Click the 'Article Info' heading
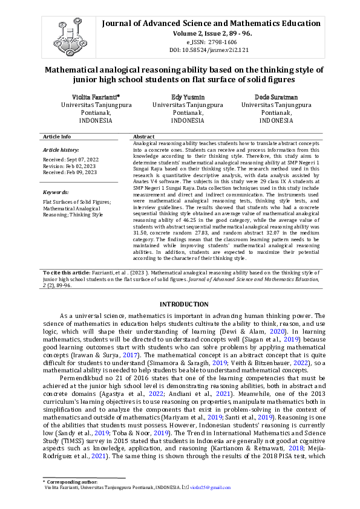click(57, 137)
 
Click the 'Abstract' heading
click(144, 137)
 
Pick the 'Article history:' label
click(61, 149)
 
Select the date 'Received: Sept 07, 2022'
click(70, 159)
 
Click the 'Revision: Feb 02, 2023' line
click(68, 166)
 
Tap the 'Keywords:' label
click(56, 192)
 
